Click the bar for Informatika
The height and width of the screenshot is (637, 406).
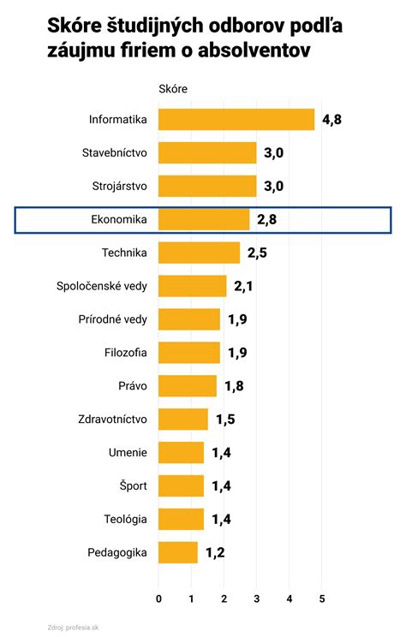point(237,119)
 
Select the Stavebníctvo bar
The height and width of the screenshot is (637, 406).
point(208,152)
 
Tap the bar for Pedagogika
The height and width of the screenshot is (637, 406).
point(178,552)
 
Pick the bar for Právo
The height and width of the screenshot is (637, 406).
point(188,386)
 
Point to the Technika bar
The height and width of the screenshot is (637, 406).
point(200,253)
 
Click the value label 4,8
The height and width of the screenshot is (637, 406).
point(331,119)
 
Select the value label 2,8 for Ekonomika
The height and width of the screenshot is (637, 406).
point(266,220)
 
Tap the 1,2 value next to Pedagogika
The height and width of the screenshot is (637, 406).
point(214,552)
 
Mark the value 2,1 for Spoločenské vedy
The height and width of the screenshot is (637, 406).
point(244,286)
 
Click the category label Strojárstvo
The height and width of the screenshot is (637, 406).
point(119,186)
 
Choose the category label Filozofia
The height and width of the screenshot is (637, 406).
point(125,353)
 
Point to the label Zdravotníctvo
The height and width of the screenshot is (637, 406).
point(114,420)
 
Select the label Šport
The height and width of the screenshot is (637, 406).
point(133,486)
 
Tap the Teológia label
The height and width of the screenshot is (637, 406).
point(125,519)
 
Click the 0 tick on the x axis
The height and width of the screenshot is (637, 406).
point(159,597)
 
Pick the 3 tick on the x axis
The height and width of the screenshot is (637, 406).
point(257,597)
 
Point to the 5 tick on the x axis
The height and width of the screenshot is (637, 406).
point(322,597)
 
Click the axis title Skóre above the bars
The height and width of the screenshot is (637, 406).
point(173,88)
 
